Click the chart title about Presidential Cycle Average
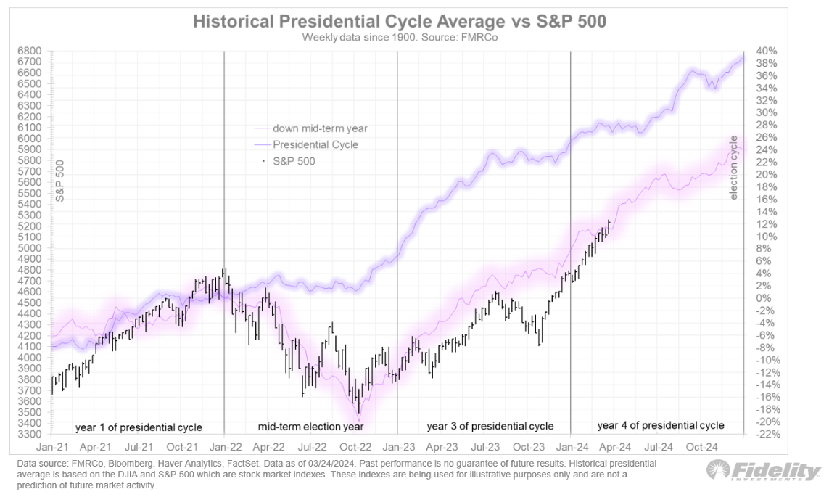(x=400, y=22)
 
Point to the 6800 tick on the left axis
(x=38, y=51)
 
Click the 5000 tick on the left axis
(x=38, y=247)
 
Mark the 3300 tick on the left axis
(x=38, y=434)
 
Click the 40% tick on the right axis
(x=767, y=51)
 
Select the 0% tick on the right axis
(x=764, y=298)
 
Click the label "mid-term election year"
(x=310, y=427)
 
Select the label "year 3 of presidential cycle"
(x=490, y=426)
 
